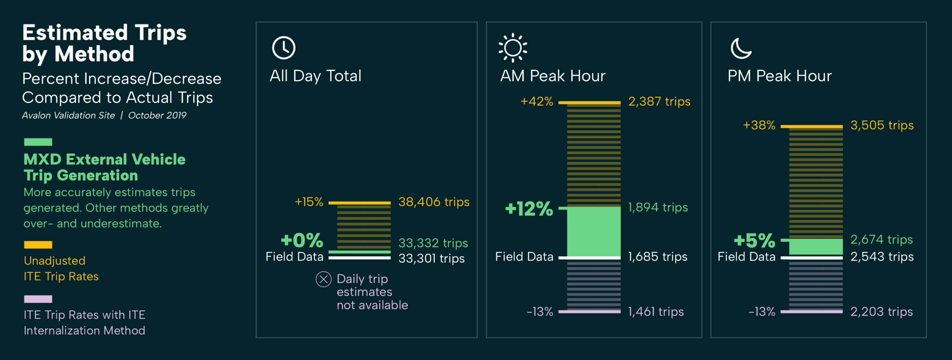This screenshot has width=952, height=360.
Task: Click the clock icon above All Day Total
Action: click(x=284, y=48)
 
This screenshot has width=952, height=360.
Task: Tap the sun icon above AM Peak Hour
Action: click(x=513, y=48)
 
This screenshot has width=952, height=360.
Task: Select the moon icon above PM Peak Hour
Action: click(x=740, y=48)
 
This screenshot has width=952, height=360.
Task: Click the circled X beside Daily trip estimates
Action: click(x=324, y=279)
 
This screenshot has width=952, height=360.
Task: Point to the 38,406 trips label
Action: click(x=434, y=202)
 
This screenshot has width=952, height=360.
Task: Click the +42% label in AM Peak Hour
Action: click(x=537, y=102)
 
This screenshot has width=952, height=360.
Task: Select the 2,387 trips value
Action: click(x=659, y=102)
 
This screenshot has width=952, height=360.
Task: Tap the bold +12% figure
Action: click(x=529, y=209)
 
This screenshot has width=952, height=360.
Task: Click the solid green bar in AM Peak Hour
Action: click(x=594, y=231)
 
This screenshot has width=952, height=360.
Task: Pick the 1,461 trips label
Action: click(x=656, y=312)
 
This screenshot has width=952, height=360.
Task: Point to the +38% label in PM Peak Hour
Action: click(x=759, y=125)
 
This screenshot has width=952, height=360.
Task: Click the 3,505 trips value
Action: click(x=882, y=125)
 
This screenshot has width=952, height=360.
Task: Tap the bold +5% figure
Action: click(x=754, y=241)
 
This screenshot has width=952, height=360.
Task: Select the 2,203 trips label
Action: click(x=881, y=312)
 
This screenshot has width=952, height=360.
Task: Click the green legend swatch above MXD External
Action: click(x=38, y=142)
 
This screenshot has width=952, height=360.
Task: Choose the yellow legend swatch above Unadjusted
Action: click(x=38, y=245)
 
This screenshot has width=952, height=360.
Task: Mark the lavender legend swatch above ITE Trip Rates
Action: click(x=38, y=299)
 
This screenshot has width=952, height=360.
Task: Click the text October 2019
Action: click(x=157, y=115)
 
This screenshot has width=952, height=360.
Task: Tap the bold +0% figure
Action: click(x=302, y=240)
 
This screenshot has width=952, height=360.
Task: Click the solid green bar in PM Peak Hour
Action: click(x=816, y=247)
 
